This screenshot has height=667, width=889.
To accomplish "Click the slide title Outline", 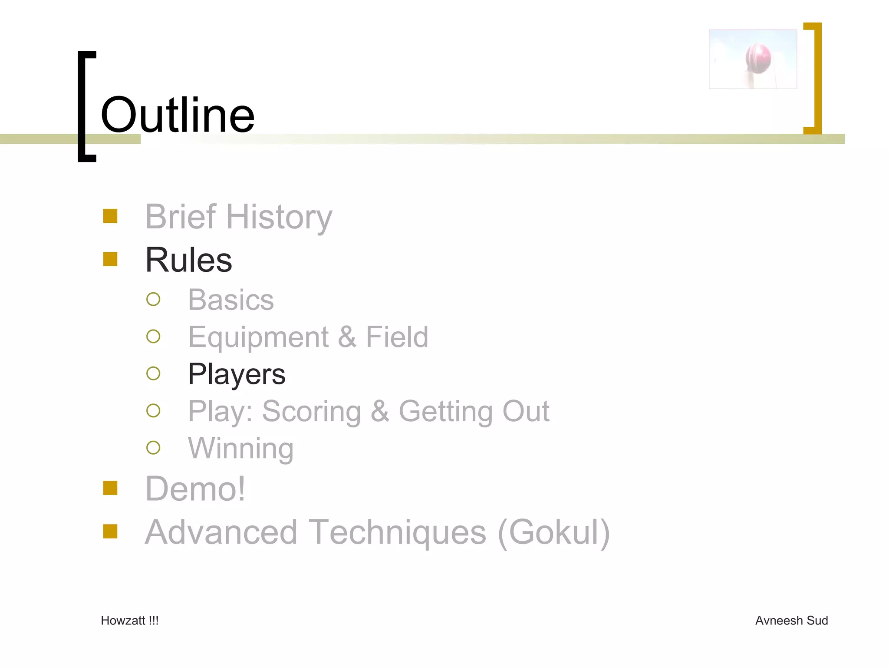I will pyautogui.click(x=177, y=115).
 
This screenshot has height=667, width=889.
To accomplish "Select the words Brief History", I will pyautogui.click(x=238, y=217).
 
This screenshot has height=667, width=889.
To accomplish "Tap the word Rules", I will pyautogui.click(x=188, y=260).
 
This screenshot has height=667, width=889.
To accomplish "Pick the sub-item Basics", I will pyautogui.click(x=230, y=300).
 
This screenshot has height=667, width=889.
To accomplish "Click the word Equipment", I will pyautogui.click(x=258, y=337).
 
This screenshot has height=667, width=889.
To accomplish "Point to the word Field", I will pyautogui.click(x=397, y=337).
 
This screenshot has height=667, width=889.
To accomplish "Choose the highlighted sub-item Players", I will pyautogui.click(x=237, y=374).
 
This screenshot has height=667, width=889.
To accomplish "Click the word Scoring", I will pyautogui.click(x=311, y=411).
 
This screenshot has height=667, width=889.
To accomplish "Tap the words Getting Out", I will pyautogui.click(x=474, y=411).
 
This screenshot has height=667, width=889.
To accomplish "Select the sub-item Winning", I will pyautogui.click(x=240, y=448).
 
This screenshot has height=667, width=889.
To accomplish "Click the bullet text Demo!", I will pyautogui.click(x=195, y=489).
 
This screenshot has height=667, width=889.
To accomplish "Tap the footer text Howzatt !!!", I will pyautogui.click(x=129, y=621).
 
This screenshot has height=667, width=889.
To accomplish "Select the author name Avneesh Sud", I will pyautogui.click(x=791, y=621).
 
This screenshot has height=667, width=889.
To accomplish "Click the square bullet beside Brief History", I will pyautogui.click(x=110, y=216).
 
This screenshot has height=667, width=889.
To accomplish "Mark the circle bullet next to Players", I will pyautogui.click(x=153, y=373).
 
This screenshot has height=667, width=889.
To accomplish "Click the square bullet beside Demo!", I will pyautogui.click(x=110, y=488).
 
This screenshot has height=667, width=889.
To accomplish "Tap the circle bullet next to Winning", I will pyautogui.click(x=153, y=448).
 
